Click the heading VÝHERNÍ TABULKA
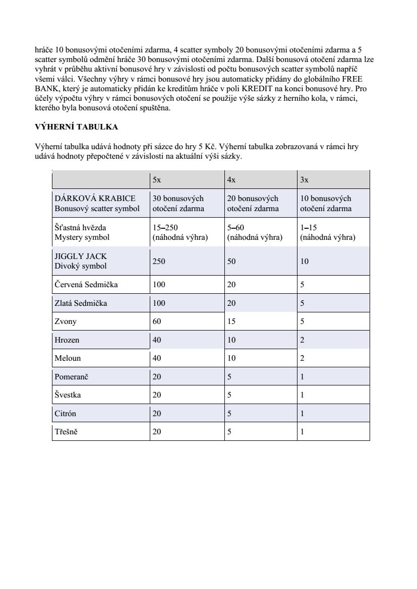tap(76, 126)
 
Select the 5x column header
tap(157, 179)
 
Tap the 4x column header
tap(231, 179)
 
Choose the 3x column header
tap(305, 179)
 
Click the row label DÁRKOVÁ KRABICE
tap(95, 199)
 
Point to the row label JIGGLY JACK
tap(81, 256)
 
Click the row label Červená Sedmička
tap(86, 285)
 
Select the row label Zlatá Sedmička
tap(81, 303)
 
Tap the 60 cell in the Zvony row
tap(157, 321)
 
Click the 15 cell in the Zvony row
tap(231, 321)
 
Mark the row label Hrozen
tap(67, 340)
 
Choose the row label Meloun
tap(68, 358)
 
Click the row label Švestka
tap(68, 395)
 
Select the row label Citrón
tap(66, 414)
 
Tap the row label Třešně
tap(66, 432)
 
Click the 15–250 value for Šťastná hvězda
tap(165, 228)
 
